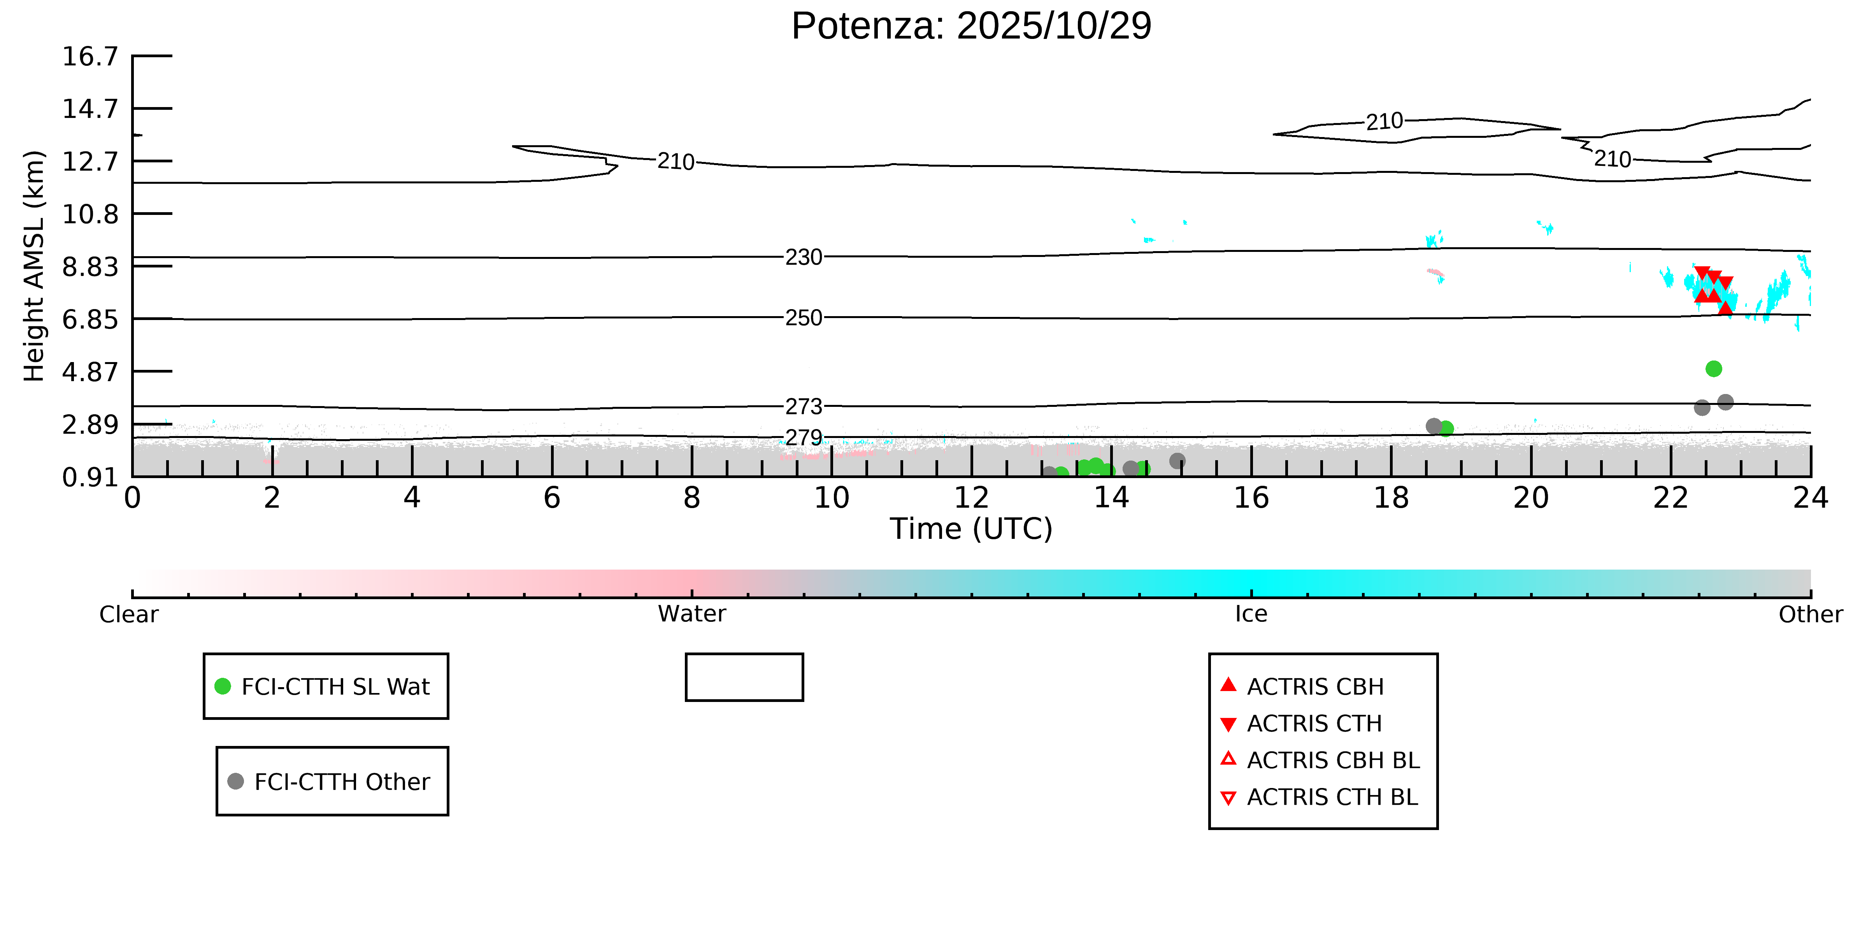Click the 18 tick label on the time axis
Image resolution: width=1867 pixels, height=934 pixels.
[x=1391, y=498]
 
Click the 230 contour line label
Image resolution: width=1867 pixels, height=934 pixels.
[x=804, y=257]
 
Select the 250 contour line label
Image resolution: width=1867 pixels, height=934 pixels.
[x=804, y=318]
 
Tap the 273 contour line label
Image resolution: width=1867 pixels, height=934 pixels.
[x=804, y=406]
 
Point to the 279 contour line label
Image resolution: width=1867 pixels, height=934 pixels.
[x=804, y=437]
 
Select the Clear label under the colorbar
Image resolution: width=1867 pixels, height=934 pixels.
[x=129, y=614]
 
